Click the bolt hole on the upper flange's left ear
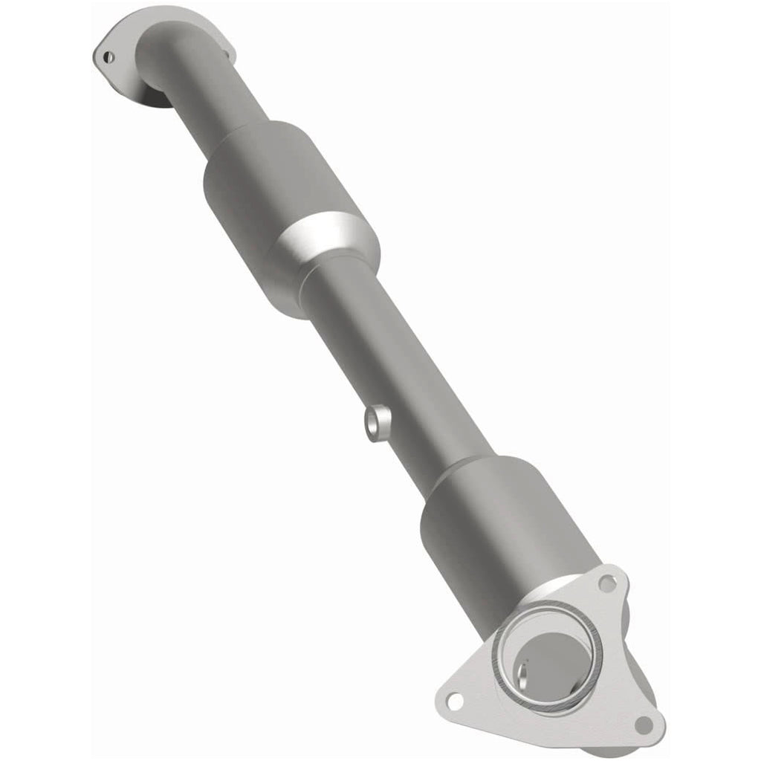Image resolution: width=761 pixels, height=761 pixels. tap(109, 55)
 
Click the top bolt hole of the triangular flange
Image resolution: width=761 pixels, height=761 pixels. tap(608, 583)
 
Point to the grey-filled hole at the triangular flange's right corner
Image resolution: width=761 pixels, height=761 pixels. tap(644, 724)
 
